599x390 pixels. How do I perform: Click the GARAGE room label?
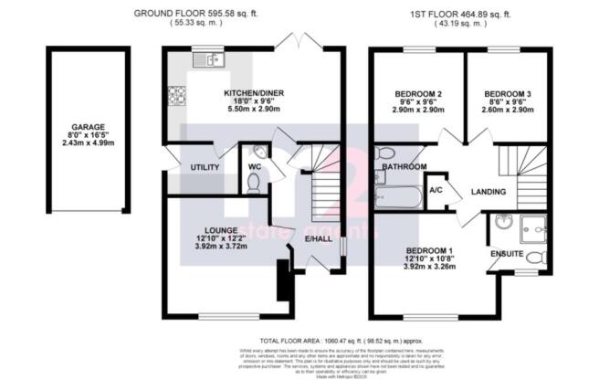point(88,127)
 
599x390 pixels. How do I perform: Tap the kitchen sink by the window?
point(209,61)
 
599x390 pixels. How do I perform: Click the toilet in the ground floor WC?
point(253,182)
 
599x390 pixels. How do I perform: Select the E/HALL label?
point(319,239)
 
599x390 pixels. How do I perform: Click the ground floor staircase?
point(323,191)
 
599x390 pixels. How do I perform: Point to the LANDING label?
point(489,191)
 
